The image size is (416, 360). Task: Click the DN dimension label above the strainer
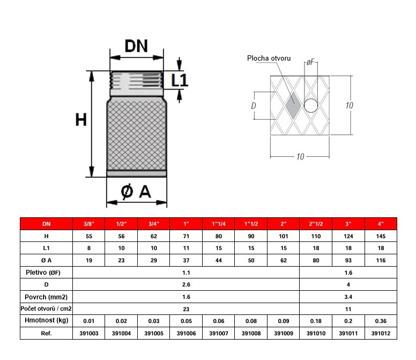pyautogui.click(x=136, y=46)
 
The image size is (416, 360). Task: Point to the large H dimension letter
pyautogui.click(x=80, y=119)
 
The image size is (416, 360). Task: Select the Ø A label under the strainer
pyautogui.click(x=136, y=192)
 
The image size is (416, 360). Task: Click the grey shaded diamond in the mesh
pyautogui.click(x=293, y=105)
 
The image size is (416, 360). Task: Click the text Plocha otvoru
pyautogui.click(x=269, y=58)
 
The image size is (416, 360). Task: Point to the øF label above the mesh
pyautogui.click(x=310, y=63)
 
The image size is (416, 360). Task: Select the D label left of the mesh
pyautogui.click(x=253, y=106)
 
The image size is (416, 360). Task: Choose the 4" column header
pyautogui.click(x=381, y=223)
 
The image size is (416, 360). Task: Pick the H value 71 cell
pyautogui.click(x=185, y=236)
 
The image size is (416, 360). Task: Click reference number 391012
pyautogui.click(x=381, y=333)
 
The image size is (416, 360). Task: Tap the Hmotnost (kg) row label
pyautogui.click(x=46, y=321)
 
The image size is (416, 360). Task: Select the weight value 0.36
pyautogui.click(x=381, y=321)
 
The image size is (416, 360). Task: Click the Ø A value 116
pyautogui.click(x=381, y=260)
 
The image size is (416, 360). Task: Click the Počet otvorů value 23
pyautogui.click(x=185, y=308)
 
